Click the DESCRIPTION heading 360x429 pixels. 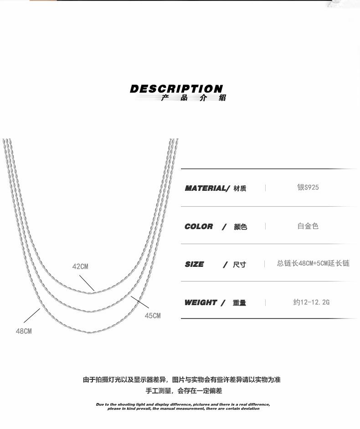176,89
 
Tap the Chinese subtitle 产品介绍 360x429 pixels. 193,98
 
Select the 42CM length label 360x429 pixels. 80,266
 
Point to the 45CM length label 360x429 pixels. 153,316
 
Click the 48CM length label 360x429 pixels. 24,331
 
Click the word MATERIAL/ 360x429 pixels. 207,188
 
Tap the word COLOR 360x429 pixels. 199,226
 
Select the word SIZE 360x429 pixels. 195,264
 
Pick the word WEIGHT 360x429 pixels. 201,302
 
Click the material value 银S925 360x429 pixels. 308,188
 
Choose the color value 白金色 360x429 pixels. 308,226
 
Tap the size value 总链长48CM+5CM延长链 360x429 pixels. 313,264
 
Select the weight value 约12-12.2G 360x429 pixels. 311,302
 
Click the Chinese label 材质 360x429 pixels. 240,189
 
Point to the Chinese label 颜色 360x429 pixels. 240,227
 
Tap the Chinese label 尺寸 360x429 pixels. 239,265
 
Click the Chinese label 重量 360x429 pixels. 239,303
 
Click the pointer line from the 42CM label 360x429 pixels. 87,283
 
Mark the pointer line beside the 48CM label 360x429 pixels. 32,315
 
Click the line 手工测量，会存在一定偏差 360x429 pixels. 184,391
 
